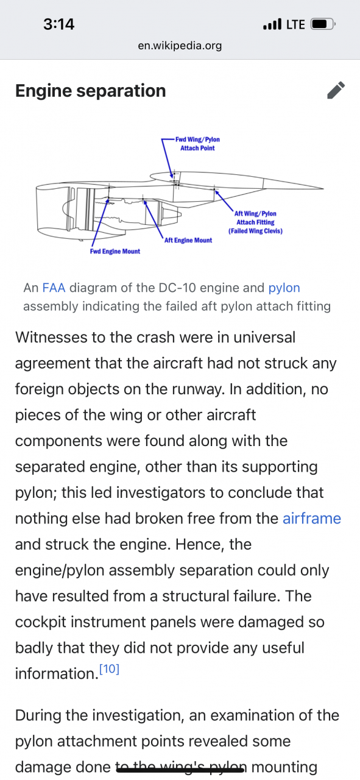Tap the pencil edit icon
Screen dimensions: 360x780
point(336,91)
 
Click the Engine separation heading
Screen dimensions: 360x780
point(91,91)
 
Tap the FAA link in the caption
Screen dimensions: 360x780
point(54,288)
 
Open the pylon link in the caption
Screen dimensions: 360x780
point(284,288)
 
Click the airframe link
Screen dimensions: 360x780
point(312,519)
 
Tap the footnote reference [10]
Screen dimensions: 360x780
point(109,668)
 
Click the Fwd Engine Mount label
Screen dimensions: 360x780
point(115,252)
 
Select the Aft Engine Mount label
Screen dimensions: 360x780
point(188,240)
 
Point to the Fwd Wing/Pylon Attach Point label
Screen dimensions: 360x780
point(197,144)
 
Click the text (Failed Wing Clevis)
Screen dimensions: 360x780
point(255,231)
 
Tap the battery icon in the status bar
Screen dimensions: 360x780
point(323,24)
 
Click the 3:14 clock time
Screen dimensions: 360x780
point(59,24)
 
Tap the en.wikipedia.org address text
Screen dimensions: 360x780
point(180,46)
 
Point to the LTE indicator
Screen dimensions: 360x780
point(295,24)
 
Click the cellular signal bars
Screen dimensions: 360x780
point(272,24)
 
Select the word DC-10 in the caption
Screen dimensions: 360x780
point(177,288)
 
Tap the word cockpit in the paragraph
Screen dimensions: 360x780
point(40,623)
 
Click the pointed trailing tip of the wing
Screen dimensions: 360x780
point(323,188)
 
